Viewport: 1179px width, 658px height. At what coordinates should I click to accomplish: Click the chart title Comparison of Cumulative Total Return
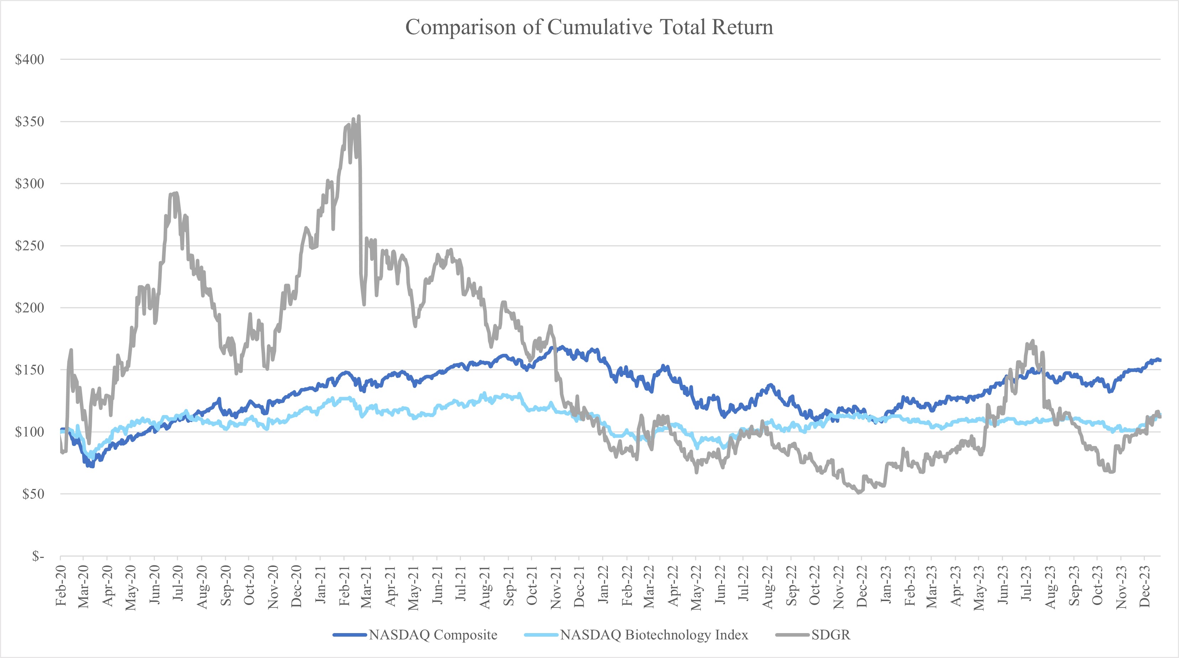(x=589, y=27)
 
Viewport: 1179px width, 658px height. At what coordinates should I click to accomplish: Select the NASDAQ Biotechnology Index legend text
(x=654, y=635)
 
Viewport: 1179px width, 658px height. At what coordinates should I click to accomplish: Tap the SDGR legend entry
(x=830, y=635)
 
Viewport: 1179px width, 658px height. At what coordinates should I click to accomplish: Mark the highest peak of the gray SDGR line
(x=359, y=116)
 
